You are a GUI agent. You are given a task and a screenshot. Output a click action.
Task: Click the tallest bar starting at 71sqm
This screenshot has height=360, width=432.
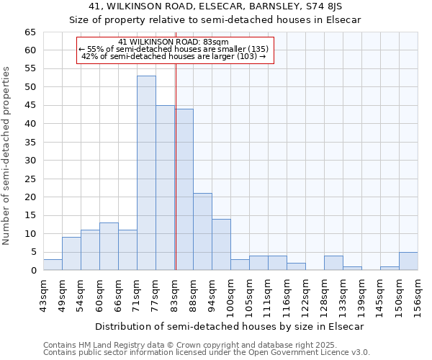coord(146,173)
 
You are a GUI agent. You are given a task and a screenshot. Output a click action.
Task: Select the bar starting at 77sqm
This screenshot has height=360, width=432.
coord(165,187)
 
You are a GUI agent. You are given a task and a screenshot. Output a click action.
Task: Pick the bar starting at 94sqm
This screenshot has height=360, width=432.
coord(221,245)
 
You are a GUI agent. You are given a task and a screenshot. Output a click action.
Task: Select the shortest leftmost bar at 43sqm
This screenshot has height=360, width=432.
coord(53,265)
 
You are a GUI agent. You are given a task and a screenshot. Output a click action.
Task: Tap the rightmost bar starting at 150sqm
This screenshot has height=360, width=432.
coord(408,261)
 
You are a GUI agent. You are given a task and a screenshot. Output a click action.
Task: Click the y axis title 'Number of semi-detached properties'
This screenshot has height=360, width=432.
coord(6,156)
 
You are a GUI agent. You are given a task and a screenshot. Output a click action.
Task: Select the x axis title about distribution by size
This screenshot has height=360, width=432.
coord(229,326)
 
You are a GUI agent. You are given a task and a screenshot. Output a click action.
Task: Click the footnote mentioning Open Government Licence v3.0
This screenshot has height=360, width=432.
coord(207,353)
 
